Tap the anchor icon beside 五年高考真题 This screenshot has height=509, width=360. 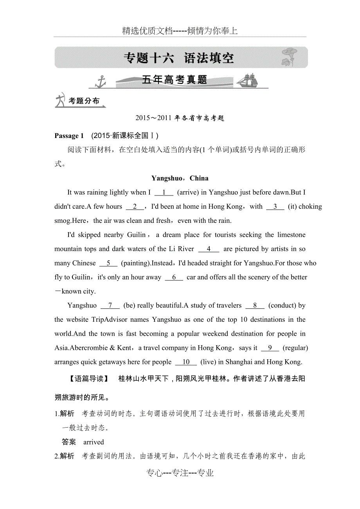pyautogui.click(x=101, y=81)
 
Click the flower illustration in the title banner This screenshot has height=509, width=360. pyautogui.click(x=290, y=57)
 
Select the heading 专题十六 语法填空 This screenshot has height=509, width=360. pyautogui.click(x=179, y=58)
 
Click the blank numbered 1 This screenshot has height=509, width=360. pyautogui.click(x=164, y=192)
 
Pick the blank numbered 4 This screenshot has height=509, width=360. pyautogui.click(x=209, y=249)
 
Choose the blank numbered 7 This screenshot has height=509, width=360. pyautogui.click(x=110, y=306)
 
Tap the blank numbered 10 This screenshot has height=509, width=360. pyautogui.click(x=186, y=362)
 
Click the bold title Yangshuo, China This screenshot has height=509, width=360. pyautogui.click(x=180, y=178)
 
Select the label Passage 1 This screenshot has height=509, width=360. pyautogui.click(x=69, y=136)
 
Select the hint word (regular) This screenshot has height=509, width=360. pyautogui.click(x=295, y=348)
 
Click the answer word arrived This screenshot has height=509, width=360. pyautogui.click(x=94, y=442)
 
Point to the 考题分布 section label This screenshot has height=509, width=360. pyautogui.click(x=84, y=101)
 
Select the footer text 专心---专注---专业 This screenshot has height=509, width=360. pyautogui.click(x=180, y=473)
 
